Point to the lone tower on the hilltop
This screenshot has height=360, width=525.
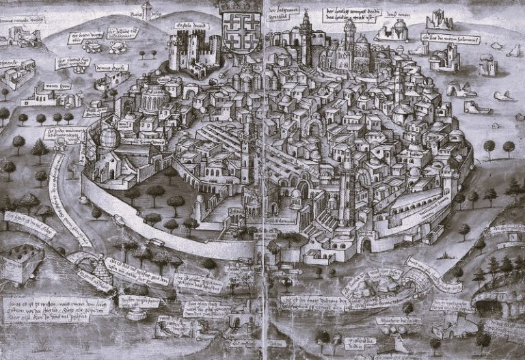146,10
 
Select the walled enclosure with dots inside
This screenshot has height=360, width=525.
21,262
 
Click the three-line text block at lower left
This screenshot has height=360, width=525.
46,309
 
